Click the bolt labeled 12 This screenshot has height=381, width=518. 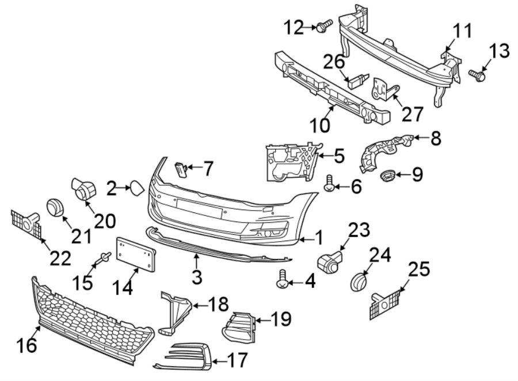(x=325, y=25)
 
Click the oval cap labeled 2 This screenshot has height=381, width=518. (x=136, y=188)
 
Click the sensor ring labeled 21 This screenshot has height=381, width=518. (x=54, y=207)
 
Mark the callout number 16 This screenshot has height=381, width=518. (x=27, y=346)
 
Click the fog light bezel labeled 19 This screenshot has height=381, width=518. (x=238, y=328)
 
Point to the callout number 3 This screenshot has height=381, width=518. (x=197, y=277)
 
